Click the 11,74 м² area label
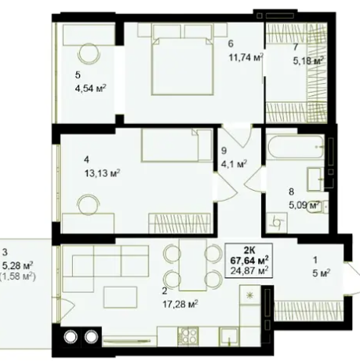coord(246,57)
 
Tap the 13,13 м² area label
coord(102,173)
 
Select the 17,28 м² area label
coord(180,304)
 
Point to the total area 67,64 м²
coord(249,260)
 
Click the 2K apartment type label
coord(249,250)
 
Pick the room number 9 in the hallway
coord(224,151)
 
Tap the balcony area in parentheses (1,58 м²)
coord(17,276)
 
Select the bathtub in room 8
coord(295,147)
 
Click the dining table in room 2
coord(193,265)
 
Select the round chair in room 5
coord(89,53)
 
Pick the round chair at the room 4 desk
coord(89,205)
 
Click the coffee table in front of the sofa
coord(121,297)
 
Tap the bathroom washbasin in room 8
coord(315,179)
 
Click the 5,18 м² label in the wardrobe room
coord(308,61)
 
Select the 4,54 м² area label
coord(90,88)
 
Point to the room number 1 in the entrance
coord(315,260)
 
